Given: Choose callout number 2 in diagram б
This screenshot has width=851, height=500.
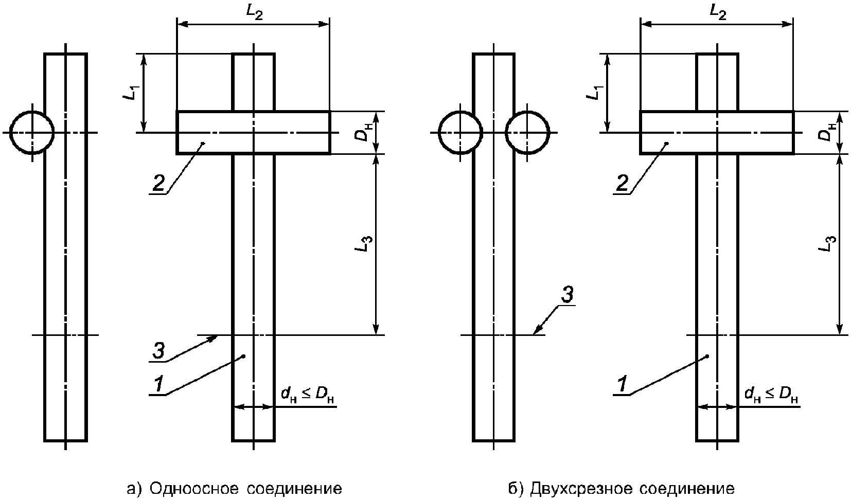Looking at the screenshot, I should click(622, 183).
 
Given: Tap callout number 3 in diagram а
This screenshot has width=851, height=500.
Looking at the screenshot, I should click(158, 352).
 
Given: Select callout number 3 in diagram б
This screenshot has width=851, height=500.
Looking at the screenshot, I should click(565, 295).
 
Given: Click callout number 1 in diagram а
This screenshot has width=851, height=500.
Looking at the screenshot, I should click(159, 384).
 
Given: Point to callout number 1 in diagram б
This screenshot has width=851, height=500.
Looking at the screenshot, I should click(622, 384).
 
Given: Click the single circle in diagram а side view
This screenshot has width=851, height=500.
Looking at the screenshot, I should click(32, 132).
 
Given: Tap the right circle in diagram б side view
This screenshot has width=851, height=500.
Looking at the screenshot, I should click(528, 132).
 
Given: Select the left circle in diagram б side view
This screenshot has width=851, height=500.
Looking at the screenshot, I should click(460, 132).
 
